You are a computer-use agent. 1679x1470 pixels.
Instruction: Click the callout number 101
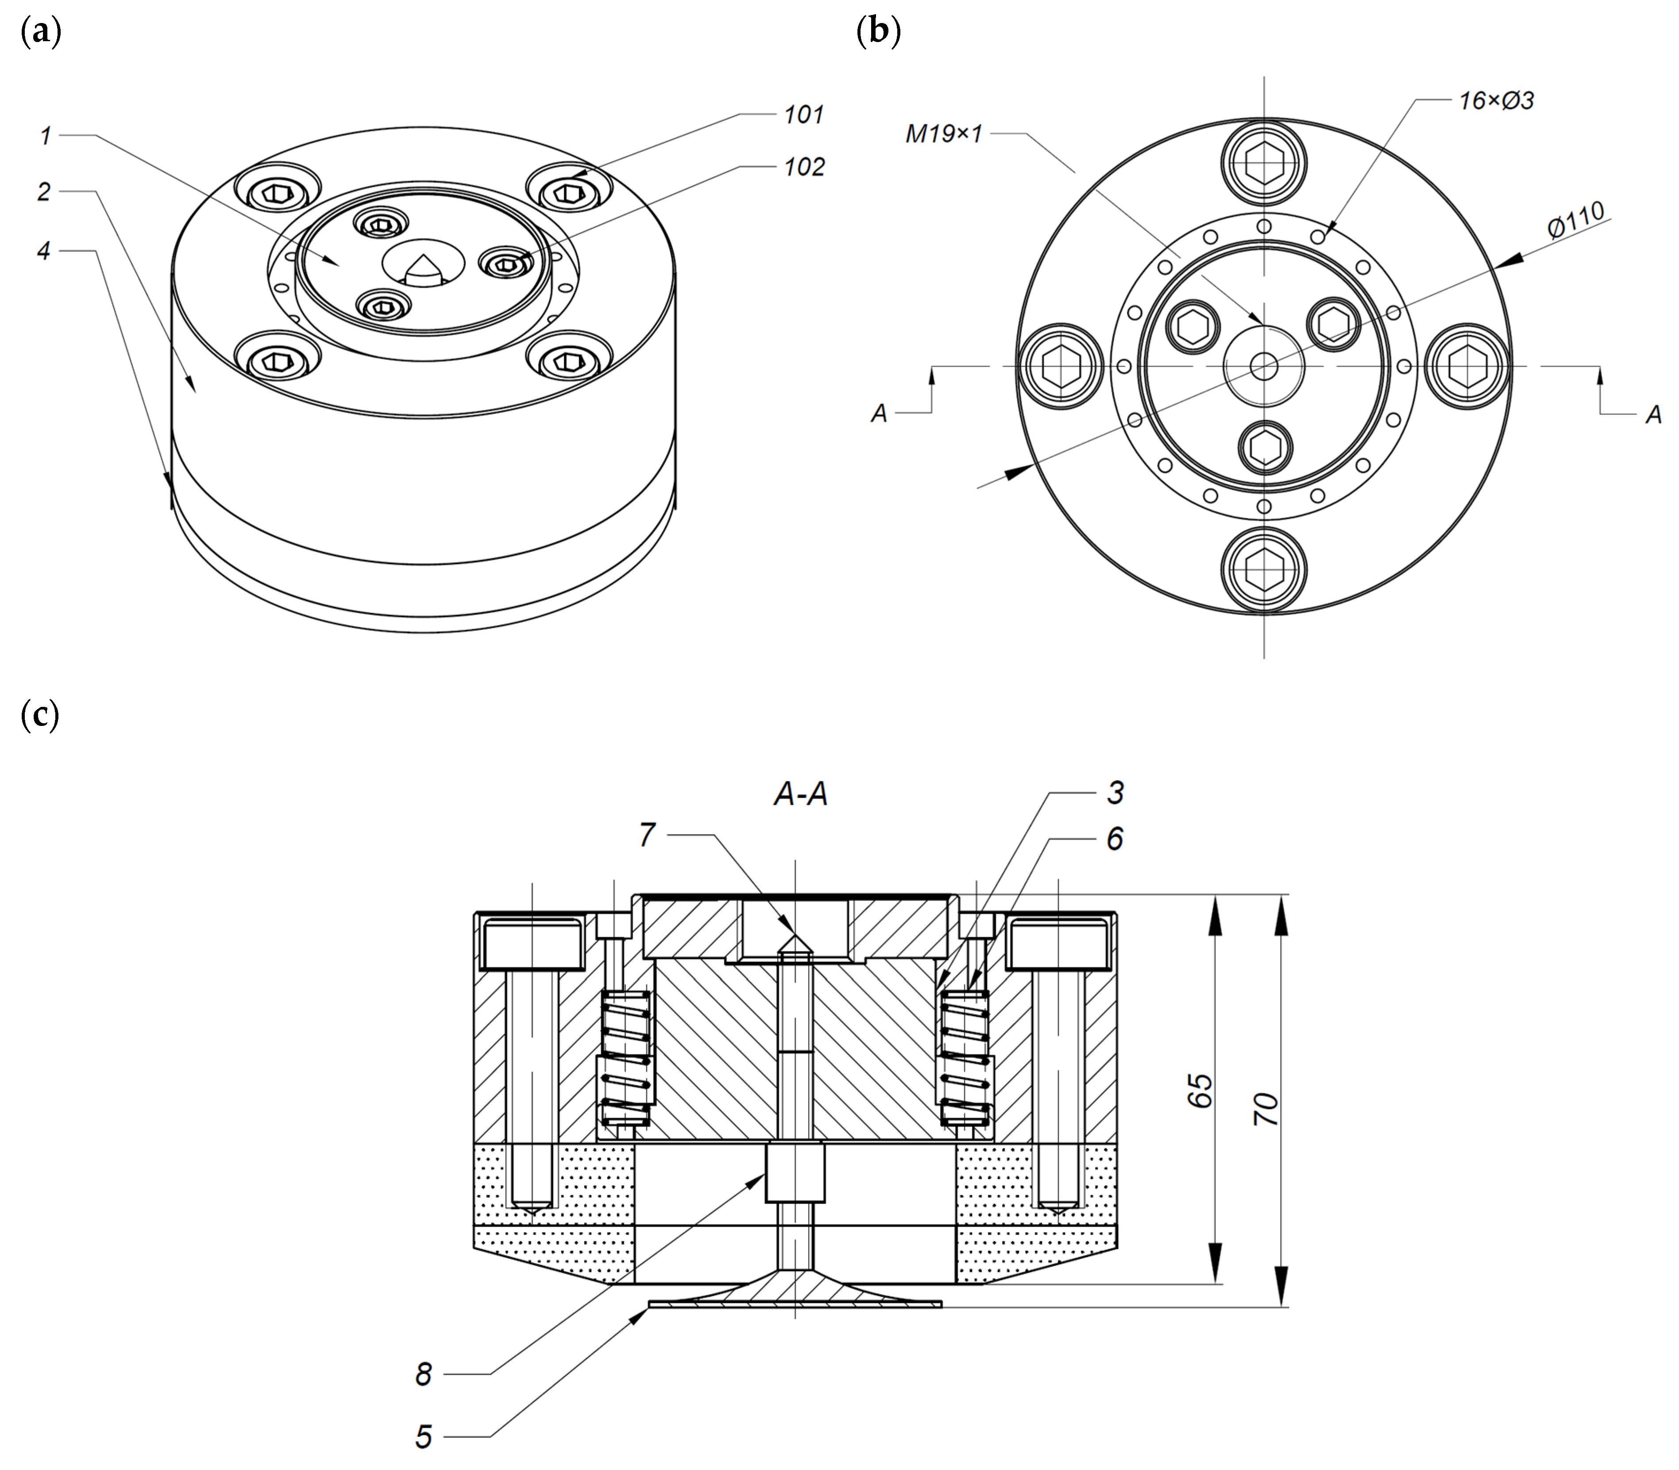coord(803,115)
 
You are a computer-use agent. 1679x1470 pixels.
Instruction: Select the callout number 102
coord(803,167)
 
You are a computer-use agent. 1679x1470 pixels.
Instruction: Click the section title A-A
coord(800,794)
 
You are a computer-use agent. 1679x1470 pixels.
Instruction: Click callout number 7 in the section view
coord(647,835)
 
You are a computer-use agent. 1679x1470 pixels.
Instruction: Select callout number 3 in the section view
coord(1115,792)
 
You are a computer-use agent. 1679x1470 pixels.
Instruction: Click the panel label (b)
coord(878,33)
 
